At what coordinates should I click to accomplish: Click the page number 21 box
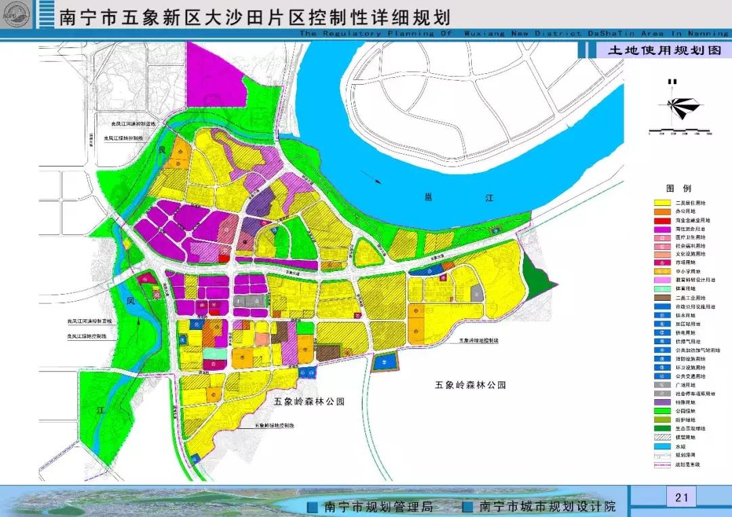[x=681, y=498]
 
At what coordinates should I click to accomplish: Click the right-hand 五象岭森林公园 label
[x=470, y=385]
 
